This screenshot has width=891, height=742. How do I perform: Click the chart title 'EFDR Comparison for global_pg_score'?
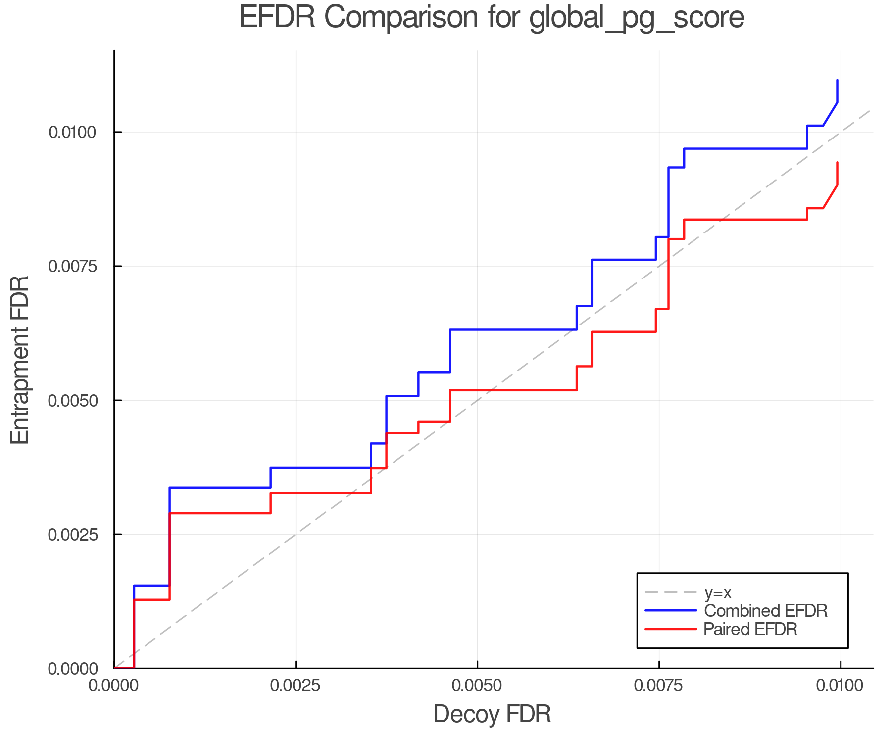(492, 18)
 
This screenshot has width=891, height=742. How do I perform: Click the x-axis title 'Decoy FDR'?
(492, 714)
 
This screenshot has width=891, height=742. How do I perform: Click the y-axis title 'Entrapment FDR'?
(20, 360)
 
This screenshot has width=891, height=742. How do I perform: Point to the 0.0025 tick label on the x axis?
(296, 686)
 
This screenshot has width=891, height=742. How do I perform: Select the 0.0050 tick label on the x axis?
(477, 686)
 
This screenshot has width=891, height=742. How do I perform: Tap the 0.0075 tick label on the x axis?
(659, 686)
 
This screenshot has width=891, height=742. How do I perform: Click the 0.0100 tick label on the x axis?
(841, 686)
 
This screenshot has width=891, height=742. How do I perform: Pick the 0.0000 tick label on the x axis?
(114, 686)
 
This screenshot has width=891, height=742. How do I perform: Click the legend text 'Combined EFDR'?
(765, 610)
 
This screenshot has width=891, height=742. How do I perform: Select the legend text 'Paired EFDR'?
(750, 629)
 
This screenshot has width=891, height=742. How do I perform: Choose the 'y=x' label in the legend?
(718, 592)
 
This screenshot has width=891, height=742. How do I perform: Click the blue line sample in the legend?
(671, 610)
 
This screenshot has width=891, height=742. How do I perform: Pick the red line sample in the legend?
(671, 629)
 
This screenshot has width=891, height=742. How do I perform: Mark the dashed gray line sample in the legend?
(671, 592)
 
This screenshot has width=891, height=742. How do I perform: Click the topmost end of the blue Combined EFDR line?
(837, 80)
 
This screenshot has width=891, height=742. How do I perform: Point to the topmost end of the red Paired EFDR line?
(837, 162)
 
